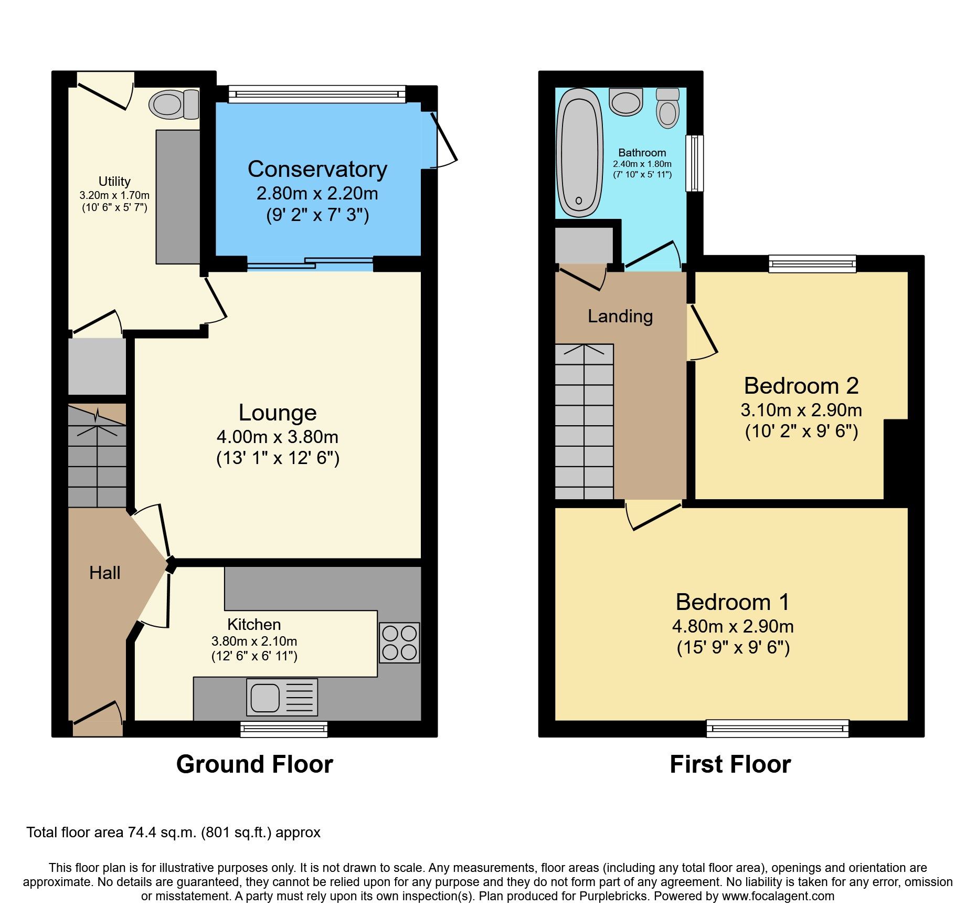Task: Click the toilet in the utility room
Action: click(x=174, y=104)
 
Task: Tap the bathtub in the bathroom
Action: click(x=579, y=152)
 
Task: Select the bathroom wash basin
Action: click(x=625, y=101)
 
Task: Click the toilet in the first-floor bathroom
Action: click(x=667, y=109)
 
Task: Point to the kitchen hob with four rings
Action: click(x=399, y=643)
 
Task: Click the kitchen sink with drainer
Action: click(x=282, y=697)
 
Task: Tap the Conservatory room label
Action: click(x=317, y=169)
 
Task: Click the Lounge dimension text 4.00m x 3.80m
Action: click(x=277, y=437)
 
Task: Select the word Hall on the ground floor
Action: click(x=104, y=573)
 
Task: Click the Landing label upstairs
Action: click(x=620, y=316)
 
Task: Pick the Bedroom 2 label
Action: click(x=801, y=386)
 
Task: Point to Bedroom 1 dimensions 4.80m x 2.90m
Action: click(x=733, y=626)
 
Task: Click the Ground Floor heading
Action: click(x=254, y=764)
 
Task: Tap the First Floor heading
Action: click(x=730, y=764)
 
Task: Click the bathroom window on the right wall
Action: click(x=694, y=163)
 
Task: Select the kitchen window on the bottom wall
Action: click(x=284, y=729)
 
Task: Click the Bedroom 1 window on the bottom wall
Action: click(x=777, y=728)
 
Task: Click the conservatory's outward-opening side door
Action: click(x=443, y=139)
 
